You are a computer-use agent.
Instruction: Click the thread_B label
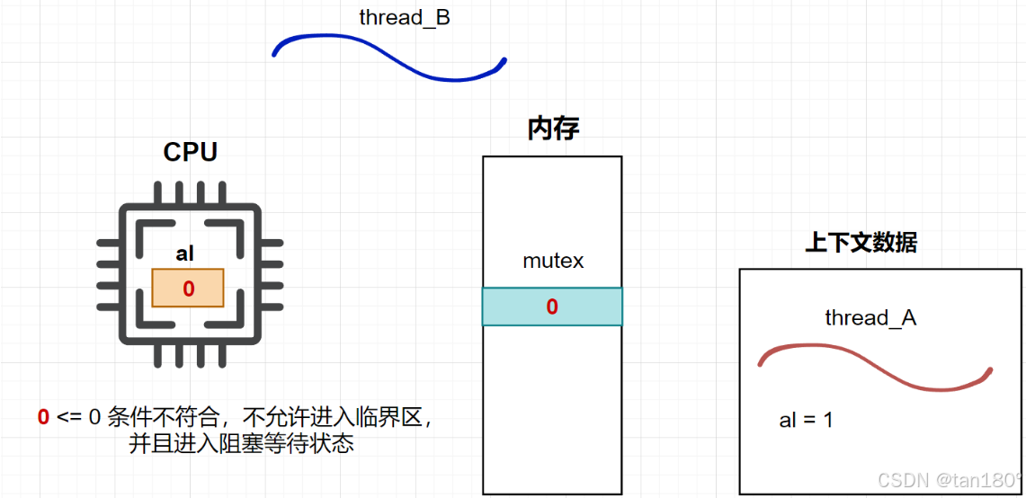point(405,17)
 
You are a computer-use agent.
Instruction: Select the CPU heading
point(190,152)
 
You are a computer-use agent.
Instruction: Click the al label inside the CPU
point(185,254)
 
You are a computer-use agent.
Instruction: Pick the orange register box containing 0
point(188,288)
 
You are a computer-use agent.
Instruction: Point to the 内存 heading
point(553,129)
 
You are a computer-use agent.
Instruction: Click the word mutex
point(553,262)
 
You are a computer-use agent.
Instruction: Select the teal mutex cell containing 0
point(552,307)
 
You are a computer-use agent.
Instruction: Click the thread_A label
point(870,317)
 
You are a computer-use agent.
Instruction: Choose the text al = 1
point(806,420)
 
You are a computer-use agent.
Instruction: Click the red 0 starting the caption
point(43,417)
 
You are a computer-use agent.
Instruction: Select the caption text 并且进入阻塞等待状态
point(241,443)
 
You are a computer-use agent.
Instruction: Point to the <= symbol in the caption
point(69,417)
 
